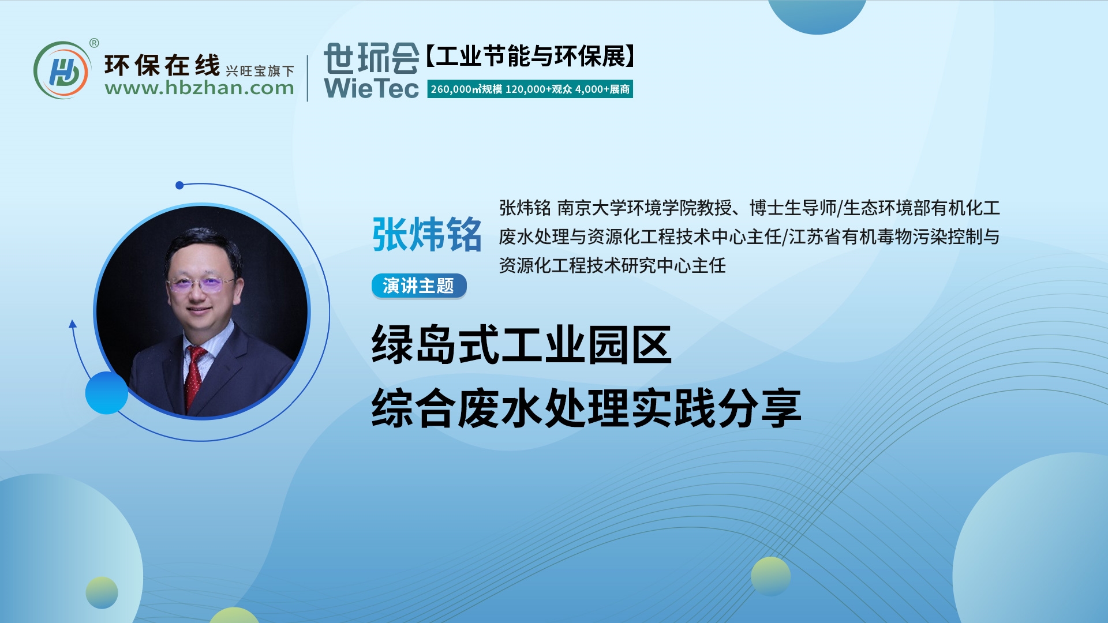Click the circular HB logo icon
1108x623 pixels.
click(62, 70)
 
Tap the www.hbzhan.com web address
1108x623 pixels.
click(199, 88)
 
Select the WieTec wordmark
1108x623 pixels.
click(371, 88)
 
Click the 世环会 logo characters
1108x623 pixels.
click(371, 58)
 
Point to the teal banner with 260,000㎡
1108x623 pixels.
click(530, 89)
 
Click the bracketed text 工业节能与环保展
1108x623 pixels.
click(530, 57)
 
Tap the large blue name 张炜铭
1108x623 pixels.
click(426, 235)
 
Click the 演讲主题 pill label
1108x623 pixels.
click(418, 286)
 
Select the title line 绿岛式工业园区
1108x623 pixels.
click(522, 344)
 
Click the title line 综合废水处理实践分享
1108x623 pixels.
click(586, 408)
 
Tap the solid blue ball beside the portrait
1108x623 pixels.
click(107, 393)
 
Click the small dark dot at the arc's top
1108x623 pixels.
click(179, 185)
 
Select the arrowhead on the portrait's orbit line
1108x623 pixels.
click(73, 324)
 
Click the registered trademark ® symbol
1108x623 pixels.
click(94, 43)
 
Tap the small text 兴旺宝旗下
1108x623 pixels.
click(260, 71)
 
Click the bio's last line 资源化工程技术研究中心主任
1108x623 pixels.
click(612, 265)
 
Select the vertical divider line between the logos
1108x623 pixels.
click(308, 78)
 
